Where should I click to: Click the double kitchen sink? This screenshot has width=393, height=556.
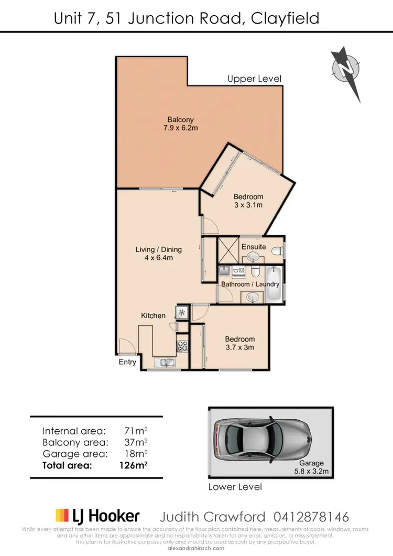(166, 362)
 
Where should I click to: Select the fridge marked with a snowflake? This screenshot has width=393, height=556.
(182, 313)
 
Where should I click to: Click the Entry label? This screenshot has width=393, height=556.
(127, 362)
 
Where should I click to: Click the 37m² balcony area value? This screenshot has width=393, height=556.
(134, 442)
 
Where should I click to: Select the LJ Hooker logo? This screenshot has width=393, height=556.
(97, 516)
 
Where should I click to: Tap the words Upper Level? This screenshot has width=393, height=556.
(254, 79)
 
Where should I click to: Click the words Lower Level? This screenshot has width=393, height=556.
(235, 487)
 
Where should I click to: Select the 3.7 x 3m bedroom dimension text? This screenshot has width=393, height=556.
(240, 347)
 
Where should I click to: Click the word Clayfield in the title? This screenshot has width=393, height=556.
(285, 19)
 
